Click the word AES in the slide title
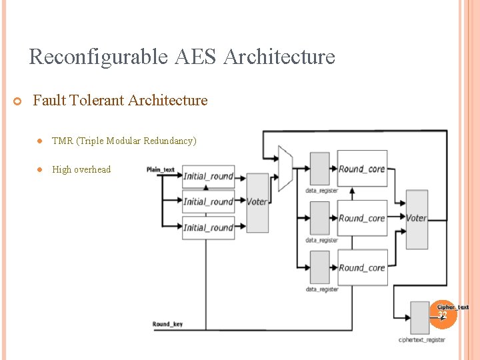(197, 57)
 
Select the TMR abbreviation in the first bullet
(62, 141)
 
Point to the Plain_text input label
(160, 170)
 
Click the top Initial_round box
(208, 177)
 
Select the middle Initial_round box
(208, 202)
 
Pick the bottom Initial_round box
(208, 227)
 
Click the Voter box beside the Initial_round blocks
(257, 202)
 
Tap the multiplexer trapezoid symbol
(285, 169)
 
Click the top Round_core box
(362, 169)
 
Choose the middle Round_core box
(362, 218)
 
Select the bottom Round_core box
(362, 267)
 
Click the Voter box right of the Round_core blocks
(417, 219)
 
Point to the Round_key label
(167, 325)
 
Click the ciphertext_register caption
(422, 340)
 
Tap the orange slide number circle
(442, 313)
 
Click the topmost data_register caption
(322, 191)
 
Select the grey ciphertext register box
(420, 317)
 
